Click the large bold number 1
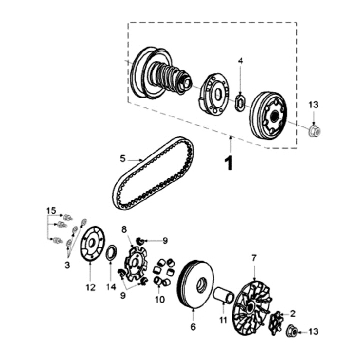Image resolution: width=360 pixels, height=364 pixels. point(229,163)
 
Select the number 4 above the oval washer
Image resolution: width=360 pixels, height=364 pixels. point(240,60)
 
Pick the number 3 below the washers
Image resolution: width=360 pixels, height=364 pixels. point(67,266)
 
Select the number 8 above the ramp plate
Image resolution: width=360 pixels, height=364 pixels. point(124,229)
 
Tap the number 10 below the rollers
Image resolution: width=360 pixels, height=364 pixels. point(159,300)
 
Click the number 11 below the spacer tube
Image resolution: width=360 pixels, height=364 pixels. point(223,319)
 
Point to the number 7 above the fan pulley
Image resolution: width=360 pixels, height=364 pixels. point(253,258)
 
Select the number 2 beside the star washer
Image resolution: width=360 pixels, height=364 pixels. point(292,314)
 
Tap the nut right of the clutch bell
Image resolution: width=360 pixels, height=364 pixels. point(314,131)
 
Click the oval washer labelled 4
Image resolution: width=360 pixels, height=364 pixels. point(240,103)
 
